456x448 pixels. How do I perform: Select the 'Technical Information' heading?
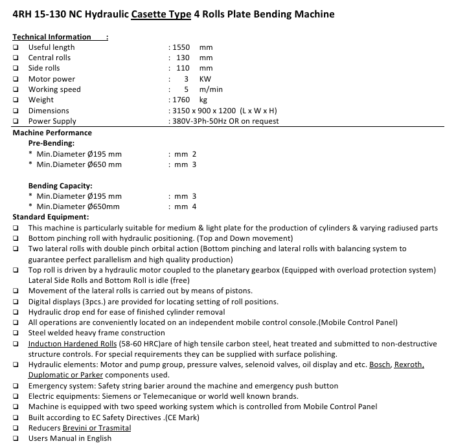(x=52, y=37)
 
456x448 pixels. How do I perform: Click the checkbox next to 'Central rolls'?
(x=16, y=58)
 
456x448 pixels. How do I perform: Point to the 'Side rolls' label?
(x=44, y=68)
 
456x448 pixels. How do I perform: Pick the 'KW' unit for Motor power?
(x=205, y=79)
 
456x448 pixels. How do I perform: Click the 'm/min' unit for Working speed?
(x=211, y=89)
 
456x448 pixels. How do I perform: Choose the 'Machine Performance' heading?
(x=52, y=133)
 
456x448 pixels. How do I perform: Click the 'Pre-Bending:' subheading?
(x=51, y=143)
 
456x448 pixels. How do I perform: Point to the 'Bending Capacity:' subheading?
(x=60, y=186)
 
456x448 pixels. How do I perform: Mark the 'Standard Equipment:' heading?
(x=51, y=217)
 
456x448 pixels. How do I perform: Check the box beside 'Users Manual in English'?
(x=16, y=438)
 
